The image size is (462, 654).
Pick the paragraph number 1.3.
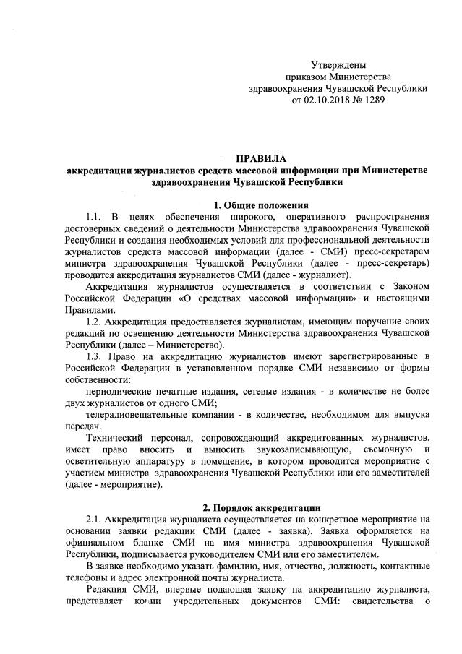94,356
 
